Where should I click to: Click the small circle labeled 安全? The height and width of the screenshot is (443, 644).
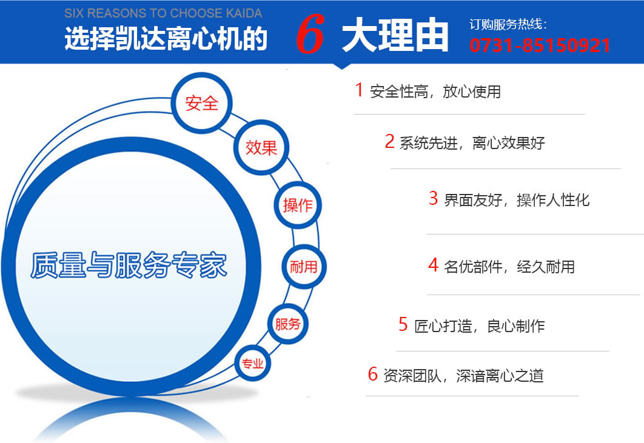pos(201,103)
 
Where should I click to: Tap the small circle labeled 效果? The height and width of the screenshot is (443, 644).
pos(261,147)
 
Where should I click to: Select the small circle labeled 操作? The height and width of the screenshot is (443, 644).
pos(298,205)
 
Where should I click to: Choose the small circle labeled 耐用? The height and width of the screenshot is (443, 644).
pos(304,267)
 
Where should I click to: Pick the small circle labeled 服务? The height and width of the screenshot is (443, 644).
pos(288,324)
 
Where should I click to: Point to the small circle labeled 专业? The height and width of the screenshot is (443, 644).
pos(253,363)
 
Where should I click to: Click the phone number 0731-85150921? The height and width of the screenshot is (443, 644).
pos(540,45)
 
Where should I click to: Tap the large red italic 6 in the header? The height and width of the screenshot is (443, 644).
pos(310,34)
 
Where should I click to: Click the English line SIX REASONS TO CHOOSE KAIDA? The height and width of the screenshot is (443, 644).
pos(163,13)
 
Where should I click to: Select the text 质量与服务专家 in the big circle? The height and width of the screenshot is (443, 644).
pos(129,265)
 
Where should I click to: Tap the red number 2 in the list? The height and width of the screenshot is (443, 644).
pos(390,141)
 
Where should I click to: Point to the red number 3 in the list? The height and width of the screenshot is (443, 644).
pos(434,198)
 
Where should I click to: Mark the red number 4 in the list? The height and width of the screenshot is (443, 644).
pos(434,265)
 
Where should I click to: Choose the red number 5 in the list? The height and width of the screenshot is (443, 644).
pos(403,324)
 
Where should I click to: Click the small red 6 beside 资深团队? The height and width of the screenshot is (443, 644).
pos(372,374)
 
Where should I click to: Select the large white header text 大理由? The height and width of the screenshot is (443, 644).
pos(395,35)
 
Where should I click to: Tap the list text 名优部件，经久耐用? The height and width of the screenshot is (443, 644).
pos(509,267)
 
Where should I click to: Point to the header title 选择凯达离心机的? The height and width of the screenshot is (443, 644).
pos(166,39)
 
